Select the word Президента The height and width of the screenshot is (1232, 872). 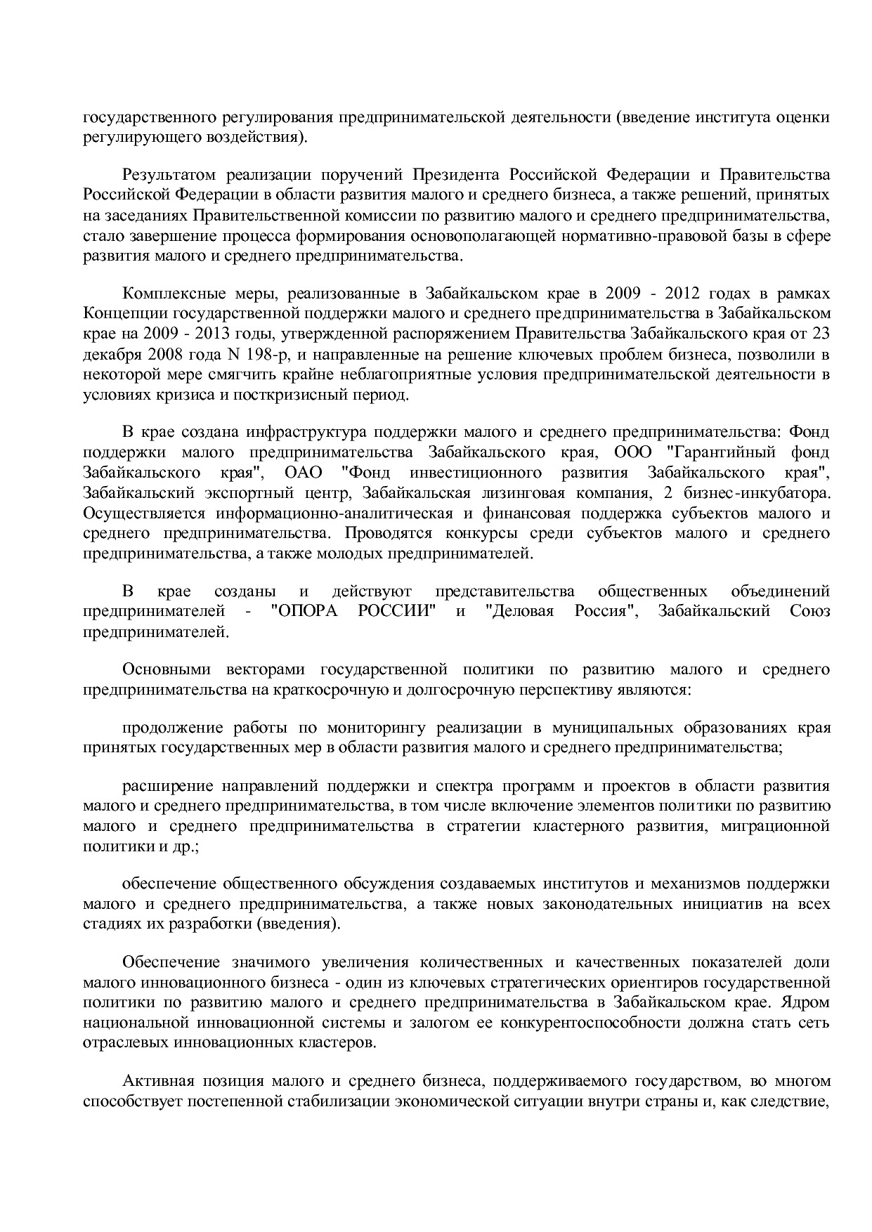454,174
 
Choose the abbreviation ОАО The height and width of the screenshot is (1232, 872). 304,470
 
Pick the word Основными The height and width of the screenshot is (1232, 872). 162,669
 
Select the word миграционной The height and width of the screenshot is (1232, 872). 775,825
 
